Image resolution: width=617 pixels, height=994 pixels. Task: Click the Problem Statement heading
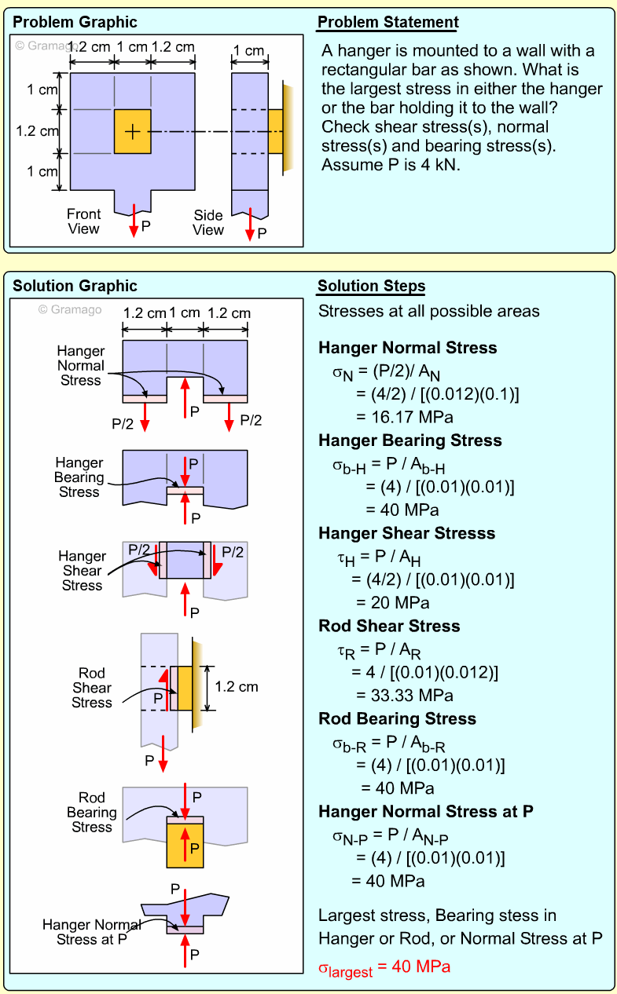(387, 22)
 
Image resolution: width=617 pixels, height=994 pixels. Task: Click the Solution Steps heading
(371, 286)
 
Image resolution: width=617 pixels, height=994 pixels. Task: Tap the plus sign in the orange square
(133, 131)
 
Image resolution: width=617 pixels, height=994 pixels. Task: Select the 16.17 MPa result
(404, 417)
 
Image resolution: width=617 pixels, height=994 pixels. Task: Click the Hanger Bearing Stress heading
(409, 440)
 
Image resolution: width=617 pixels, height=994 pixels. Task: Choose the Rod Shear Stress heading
(389, 626)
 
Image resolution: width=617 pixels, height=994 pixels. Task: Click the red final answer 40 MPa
(384, 967)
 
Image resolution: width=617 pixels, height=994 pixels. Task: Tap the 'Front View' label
(83, 221)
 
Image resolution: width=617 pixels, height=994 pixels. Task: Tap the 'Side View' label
(208, 222)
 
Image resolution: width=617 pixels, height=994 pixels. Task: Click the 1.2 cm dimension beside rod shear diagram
(236, 687)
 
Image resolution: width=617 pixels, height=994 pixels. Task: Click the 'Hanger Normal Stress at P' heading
(425, 811)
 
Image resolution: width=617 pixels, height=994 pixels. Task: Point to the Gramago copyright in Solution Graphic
(70, 310)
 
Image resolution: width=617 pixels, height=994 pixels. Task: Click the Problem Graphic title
(75, 22)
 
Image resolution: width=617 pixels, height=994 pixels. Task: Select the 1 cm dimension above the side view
(249, 51)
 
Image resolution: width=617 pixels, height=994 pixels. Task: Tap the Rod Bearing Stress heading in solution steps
(397, 718)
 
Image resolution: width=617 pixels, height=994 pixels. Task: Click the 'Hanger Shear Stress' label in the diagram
(82, 571)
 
